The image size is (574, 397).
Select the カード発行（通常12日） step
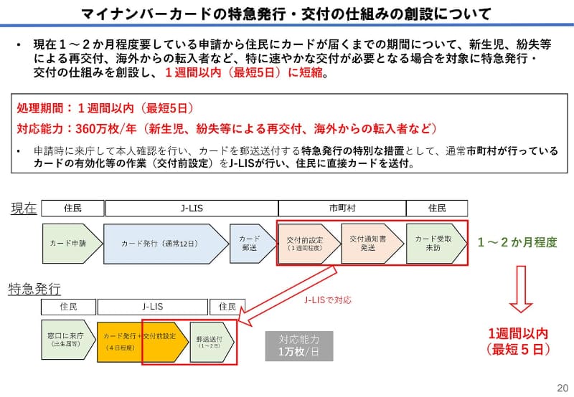[166, 244]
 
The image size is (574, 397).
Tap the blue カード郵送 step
[253, 244]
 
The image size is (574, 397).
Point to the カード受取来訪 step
[436, 244]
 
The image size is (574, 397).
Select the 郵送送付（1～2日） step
[212, 342]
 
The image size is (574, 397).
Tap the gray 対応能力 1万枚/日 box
[299, 346]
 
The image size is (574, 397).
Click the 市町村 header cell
[342, 209]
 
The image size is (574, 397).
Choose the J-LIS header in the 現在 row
[192, 209]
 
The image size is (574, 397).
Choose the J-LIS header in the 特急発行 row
[153, 307]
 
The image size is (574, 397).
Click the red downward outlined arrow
[521, 289]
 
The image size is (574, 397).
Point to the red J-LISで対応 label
[328, 300]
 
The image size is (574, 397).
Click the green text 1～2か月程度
[517, 242]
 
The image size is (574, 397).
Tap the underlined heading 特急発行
[34, 289]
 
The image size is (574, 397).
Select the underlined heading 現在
[24, 208]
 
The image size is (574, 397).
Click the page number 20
[563, 388]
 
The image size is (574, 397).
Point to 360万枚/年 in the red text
[105, 129]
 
